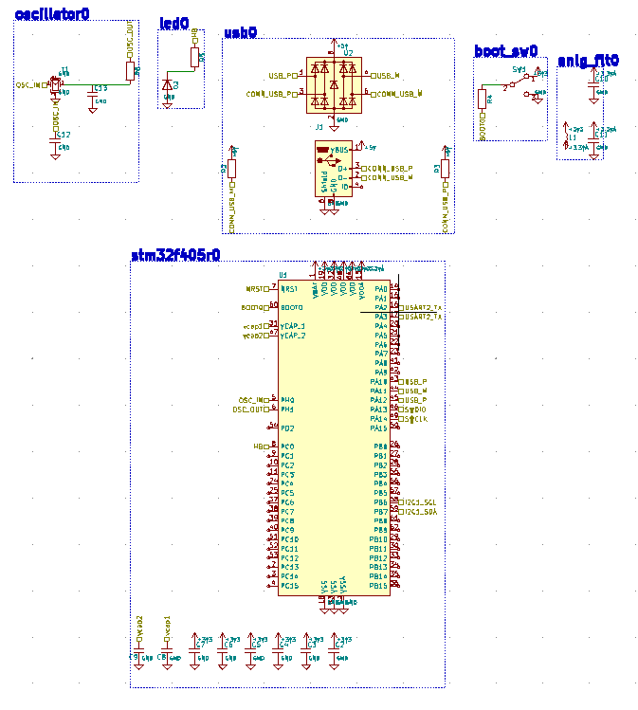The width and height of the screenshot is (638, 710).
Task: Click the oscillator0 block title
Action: pyautogui.click(x=52, y=13)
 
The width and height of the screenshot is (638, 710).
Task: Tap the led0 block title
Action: pyautogui.click(x=175, y=23)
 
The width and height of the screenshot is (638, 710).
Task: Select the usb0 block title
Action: pyautogui.click(x=241, y=32)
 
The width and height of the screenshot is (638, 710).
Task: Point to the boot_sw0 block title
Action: pyautogui.click(x=506, y=51)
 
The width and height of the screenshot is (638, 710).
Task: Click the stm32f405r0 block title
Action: pyautogui.click(x=175, y=255)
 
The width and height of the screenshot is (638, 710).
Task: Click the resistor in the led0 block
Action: pyautogui.click(x=195, y=59)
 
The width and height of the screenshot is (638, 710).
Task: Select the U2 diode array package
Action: pyautogui.click(x=334, y=83)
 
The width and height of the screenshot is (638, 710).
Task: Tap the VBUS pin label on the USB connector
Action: pyautogui.click(x=339, y=151)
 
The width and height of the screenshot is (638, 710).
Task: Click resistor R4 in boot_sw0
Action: pyautogui.click(x=481, y=97)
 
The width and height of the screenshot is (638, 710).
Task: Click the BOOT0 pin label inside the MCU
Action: pyautogui.click(x=292, y=308)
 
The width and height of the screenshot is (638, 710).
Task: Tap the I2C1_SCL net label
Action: pyautogui.click(x=419, y=501)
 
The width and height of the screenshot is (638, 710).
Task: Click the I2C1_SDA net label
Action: pyautogui.click(x=419, y=511)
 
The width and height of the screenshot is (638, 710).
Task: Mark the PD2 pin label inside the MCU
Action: pyautogui.click(x=287, y=428)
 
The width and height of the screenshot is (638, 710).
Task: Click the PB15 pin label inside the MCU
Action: pyautogui.click(x=379, y=586)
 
